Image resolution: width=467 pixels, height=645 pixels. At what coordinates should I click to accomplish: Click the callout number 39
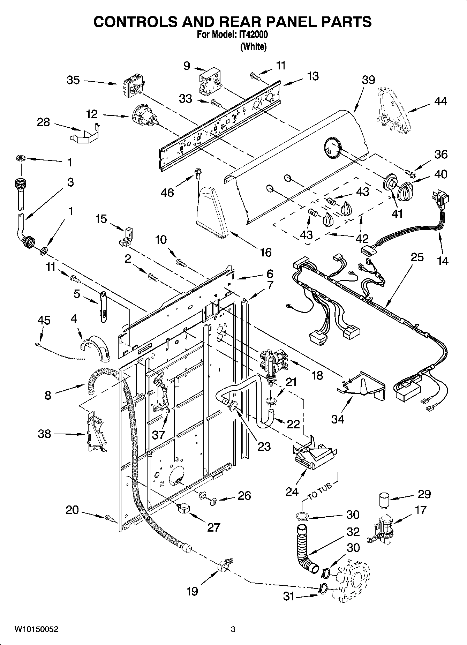click(368, 80)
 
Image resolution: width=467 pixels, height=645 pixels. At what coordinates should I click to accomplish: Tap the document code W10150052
click(36, 630)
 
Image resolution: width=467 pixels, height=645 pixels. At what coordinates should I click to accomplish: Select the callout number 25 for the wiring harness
click(417, 257)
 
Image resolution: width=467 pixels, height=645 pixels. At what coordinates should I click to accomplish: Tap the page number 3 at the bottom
click(233, 630)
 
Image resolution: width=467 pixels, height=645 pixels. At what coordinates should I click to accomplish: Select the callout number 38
click(44, 434)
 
